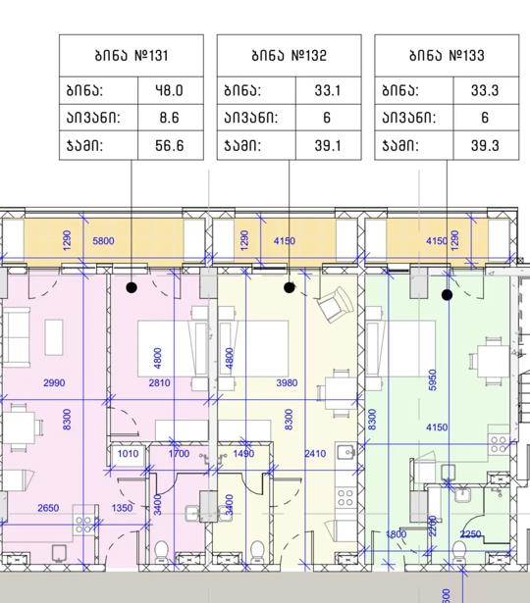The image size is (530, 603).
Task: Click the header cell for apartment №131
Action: point(132,55)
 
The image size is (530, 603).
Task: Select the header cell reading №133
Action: point(447,55)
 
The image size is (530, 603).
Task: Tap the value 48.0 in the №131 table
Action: point(170,90)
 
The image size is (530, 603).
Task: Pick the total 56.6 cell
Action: point(170,145)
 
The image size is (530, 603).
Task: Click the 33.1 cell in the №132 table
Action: point(328,90)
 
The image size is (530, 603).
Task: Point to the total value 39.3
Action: point(485,145)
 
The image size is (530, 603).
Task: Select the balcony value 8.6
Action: point(170,118)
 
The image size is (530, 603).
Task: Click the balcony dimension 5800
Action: point(103,241)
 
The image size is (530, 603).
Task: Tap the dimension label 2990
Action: point(54,382)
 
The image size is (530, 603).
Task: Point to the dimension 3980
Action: point(288,382)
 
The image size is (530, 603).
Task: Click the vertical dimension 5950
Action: point(433,380)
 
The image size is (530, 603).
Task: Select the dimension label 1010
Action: point(128,453)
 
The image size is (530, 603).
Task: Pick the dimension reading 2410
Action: point(315,454)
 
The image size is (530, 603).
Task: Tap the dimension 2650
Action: point(48,508)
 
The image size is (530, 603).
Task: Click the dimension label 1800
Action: point(396,534)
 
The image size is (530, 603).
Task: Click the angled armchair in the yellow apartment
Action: point(335,305)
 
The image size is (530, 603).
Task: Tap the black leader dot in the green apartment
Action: point(447,295)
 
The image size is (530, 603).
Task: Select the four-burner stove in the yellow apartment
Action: point(344,497)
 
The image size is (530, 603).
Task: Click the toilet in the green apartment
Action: point(459,551)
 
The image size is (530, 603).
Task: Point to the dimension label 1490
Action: point(243,453)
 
